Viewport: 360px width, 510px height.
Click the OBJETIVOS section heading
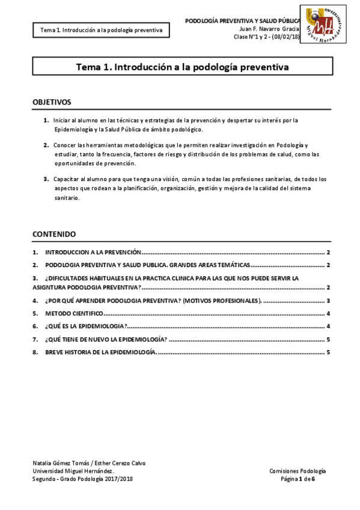click(x=52, y=102)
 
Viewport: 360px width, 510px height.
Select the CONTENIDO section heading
click(x=54, y=233)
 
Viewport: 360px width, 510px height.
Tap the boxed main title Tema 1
click(x=182, y=67)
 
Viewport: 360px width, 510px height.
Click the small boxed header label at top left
click(x=101, y=29)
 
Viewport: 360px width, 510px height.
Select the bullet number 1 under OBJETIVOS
click(x=46, y=120)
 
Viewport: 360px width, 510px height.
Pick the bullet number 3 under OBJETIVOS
click(x=46, y=179)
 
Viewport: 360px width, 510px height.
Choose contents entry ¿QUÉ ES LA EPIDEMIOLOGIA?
click(x=86, y=326)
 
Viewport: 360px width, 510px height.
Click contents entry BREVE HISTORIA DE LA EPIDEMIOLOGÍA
click(x=100, y=351)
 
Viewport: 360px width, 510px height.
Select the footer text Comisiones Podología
click(x=298, y=471)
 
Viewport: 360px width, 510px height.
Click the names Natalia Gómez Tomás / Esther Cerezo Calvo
click(x=89, y=463)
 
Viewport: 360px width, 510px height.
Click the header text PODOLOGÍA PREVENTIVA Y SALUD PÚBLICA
click(x=242, y=20)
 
